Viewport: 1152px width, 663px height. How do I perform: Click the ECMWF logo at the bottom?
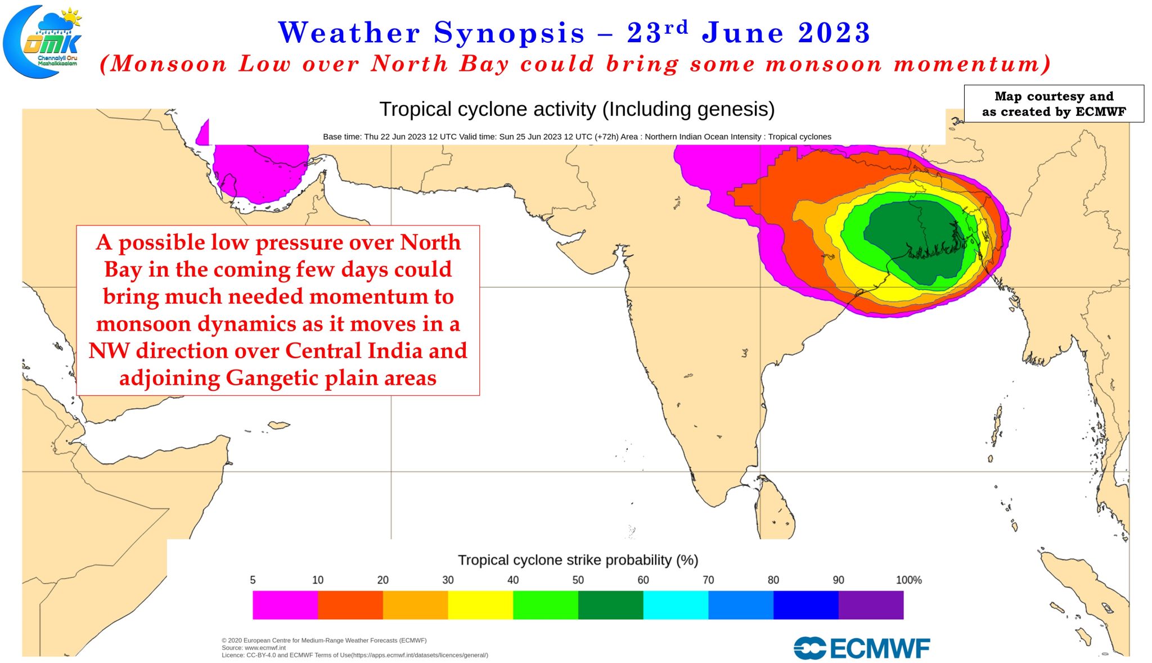[x=862, y=648]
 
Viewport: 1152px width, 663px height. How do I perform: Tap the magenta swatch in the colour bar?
[x=285, y=605]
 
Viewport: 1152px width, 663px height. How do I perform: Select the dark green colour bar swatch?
[x=610, y=605]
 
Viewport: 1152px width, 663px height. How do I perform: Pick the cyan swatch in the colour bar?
[x=676, y=605]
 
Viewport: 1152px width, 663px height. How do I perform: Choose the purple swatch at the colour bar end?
[x=871, y=605]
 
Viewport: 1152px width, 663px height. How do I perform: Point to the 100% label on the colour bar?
[x=908, y=580]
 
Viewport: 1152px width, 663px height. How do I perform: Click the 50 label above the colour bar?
[x=578, y=580]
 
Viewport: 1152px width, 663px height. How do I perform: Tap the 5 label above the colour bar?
[x=253, y=580]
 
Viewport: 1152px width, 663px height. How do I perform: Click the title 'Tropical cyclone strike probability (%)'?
[x=578, y=560]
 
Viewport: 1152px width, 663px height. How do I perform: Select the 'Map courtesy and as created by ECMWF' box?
[x=1054, y=103]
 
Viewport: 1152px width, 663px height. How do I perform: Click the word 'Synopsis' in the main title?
[x=509, y=33]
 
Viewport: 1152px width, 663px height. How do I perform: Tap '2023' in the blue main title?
[x=834, y=33]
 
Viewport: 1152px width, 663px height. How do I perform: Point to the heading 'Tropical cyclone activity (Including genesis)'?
[x=577, y=109]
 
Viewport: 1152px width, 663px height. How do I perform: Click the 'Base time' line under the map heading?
[x=577, y=137]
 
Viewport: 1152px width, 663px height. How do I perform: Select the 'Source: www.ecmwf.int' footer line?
[x=254, y=648]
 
